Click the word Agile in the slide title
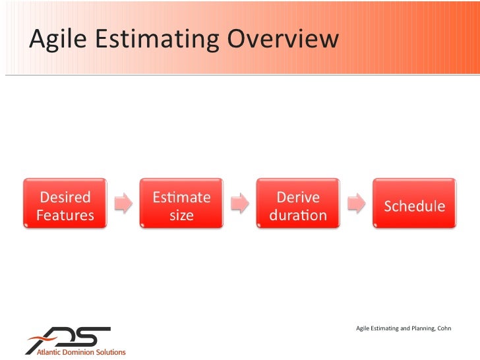pos(59,40)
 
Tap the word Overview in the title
pos(284,39)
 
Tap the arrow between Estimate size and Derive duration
pos(240,204)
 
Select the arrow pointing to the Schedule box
pos(357,204)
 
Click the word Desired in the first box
pos(65,197)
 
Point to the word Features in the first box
pos(65,216)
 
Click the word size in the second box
pos(181,216)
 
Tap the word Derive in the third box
pos(298,197)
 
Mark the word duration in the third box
pos(298,216)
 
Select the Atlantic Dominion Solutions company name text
pos(76,352)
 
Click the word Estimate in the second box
pos(181,197)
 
